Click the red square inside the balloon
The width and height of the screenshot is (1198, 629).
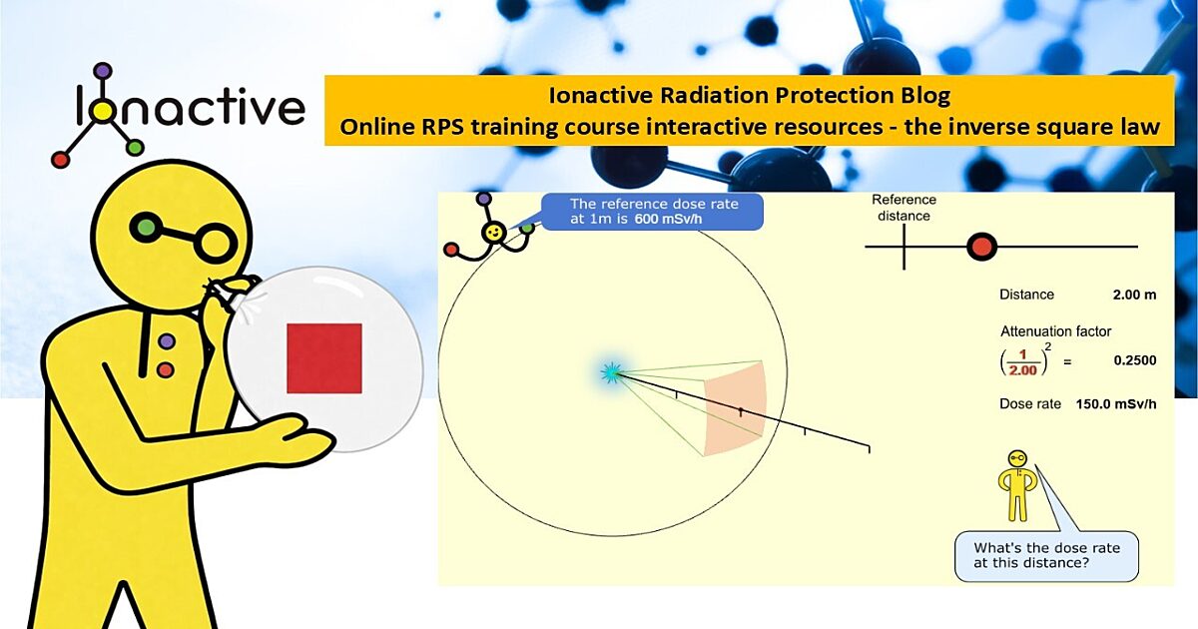click(x=324, y=357)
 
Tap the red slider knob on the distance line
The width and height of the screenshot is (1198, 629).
click(x=982, y=247)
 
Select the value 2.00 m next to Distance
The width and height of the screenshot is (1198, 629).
click(x=1134, y=295)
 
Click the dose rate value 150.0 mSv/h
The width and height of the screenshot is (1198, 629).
click(x=1116, y=403)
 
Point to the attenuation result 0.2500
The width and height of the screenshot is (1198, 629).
click(x=1135, y=360)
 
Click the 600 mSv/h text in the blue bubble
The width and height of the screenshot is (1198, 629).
click(x=668, y=219)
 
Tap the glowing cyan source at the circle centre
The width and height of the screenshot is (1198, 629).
click(x=610, y=372)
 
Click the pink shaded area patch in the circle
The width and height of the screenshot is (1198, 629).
click(x=735, y=408)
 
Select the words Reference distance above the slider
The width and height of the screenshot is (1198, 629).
click(x=903, y=208)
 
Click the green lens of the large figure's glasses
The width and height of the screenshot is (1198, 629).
click(x=146, y=227)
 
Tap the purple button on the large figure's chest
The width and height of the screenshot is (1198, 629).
click(x=167, y=341)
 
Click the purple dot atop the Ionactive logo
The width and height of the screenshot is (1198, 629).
click(x=103, y=71)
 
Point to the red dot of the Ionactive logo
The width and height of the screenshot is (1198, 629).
click(x=61, y=159)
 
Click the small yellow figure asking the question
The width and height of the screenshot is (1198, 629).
click(x=1016, y=486)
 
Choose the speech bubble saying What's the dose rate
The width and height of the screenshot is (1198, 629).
click(x=1046, y=556)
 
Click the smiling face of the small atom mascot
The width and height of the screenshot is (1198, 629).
click(x=493, y=233)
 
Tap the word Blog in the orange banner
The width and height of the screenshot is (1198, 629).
click(x=925, y=96)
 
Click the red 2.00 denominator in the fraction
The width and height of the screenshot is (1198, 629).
click(x=1022, y=370)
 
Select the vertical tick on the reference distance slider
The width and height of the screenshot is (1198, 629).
click(x=903, y=247)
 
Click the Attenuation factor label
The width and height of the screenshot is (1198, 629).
click(x=1055, y=331)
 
